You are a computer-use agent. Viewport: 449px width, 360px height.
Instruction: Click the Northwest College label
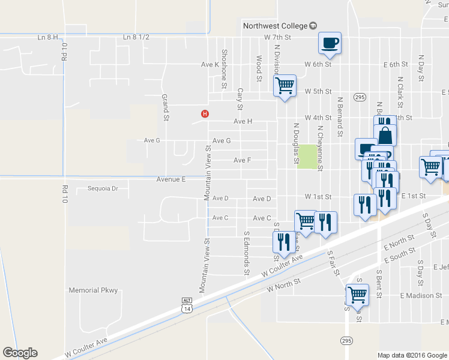coord(275,26)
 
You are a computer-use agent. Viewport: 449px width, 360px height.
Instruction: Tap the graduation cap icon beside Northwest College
coord(313,26)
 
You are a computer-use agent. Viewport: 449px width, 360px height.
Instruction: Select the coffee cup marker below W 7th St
coord(330,43)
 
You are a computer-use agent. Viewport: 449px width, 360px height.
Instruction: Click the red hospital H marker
coord(205,113)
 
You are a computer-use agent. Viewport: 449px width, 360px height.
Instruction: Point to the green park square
coord(307,157)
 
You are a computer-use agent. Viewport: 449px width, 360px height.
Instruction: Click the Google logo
coord(20,353)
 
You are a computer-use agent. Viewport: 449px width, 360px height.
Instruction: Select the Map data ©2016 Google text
coord(412,355)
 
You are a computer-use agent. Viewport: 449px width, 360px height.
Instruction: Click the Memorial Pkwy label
coord(94,290)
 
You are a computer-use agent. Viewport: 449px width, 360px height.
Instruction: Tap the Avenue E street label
coord(171,179)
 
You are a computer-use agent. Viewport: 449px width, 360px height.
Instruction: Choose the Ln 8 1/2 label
coord(136,37)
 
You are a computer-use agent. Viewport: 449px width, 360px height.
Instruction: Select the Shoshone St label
coord(224,69)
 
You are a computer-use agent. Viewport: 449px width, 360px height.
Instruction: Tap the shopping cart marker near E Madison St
coord(357,295)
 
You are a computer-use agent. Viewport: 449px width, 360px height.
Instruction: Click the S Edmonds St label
coord(246,254)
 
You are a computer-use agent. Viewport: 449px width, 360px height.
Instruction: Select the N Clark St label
coord(399,88)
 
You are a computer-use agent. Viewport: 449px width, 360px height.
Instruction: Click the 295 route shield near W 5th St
coord(360,97)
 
